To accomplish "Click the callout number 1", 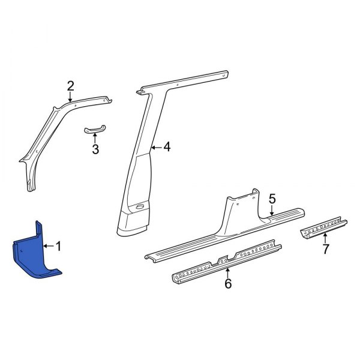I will [59, 245].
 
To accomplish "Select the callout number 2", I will [70, 86].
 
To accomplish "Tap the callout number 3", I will [95, 149].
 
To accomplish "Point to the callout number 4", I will [167, 146].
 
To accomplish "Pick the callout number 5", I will [272, 197].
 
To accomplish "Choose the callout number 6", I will [227, 284].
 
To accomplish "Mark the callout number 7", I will [325, 250].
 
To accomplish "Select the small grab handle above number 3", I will [95, 131].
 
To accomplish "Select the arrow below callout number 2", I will [70, 98].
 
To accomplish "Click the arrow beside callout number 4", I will [157, 146].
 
